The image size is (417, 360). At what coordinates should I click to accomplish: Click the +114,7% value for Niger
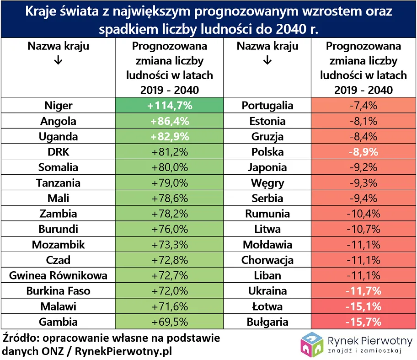pos(170,106)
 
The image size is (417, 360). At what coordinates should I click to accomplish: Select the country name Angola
pos(58,121)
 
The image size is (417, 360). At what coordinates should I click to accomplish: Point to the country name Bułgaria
pos(267,322)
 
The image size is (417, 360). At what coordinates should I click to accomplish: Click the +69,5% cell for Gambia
pos(170,322)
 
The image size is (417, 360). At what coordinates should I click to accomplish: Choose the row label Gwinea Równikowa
pos(58,275)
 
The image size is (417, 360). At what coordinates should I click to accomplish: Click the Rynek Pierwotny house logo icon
pos(312,344)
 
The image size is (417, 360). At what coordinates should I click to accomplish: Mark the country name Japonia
pos(267,167)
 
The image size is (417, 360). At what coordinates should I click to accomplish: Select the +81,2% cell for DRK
pos(170,152)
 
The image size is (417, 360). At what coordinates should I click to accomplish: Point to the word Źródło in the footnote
pos(20,339)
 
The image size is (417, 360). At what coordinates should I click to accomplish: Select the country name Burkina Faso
pos(58,291)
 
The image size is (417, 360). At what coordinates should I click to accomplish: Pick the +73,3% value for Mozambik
pos(170,245)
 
